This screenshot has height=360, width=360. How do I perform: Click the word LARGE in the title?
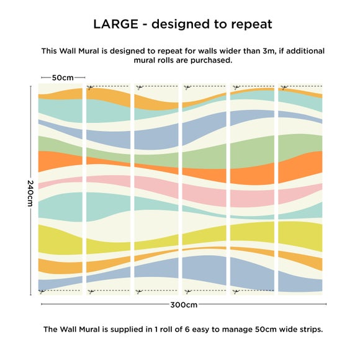tap(115, 24)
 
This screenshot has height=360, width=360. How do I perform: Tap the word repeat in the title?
tap(251, 25)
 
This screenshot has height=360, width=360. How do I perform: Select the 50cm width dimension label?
tap(63, 78)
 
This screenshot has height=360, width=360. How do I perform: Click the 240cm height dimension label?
tap(30, 193)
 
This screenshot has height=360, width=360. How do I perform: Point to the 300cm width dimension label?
tap(184, 305)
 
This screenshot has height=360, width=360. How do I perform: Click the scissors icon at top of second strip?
tap(90, 87)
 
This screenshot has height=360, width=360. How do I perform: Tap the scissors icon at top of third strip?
tap(139, 88)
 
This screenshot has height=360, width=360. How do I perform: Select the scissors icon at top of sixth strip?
tap(284, 87)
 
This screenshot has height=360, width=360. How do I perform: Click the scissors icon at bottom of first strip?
tap(42, 292)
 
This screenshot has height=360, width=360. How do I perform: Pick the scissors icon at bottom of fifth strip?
tap(236, 292)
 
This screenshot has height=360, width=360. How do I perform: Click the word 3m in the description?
tap(269, 51)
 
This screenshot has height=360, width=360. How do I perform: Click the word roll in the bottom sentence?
tap(166, 329)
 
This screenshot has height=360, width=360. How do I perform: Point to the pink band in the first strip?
tap(60, 182)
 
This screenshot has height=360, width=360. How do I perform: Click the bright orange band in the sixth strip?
tap(300, 166)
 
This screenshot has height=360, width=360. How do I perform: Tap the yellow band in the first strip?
tap(60, 240)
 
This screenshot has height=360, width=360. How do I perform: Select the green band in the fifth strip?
tap(252, 152)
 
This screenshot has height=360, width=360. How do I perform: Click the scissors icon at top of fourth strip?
tap(187, 88)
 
